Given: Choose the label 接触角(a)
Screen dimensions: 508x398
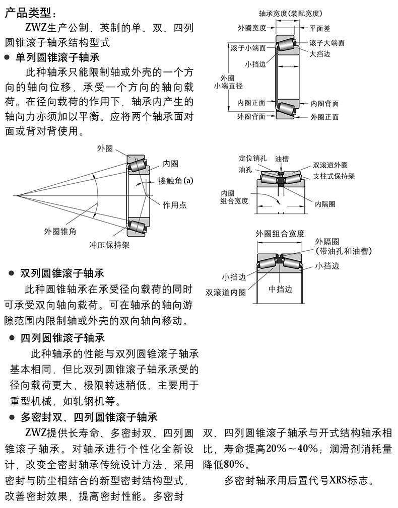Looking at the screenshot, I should pos(175,180).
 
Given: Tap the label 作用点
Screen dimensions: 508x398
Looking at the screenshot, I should pos(174,205).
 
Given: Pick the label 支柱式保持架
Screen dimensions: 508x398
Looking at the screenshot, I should pos(334,176).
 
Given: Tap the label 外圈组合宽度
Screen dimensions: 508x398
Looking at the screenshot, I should pos(280,234).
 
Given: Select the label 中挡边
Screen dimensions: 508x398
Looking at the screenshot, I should pos(281,289).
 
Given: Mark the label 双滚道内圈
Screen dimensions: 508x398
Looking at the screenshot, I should pos(226,292).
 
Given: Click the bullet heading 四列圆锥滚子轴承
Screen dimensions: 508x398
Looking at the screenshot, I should pos(62,338).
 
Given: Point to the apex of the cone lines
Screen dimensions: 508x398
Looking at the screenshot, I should pos(17,195).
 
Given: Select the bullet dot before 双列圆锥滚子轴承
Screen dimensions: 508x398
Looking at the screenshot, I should pos(12,273).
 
